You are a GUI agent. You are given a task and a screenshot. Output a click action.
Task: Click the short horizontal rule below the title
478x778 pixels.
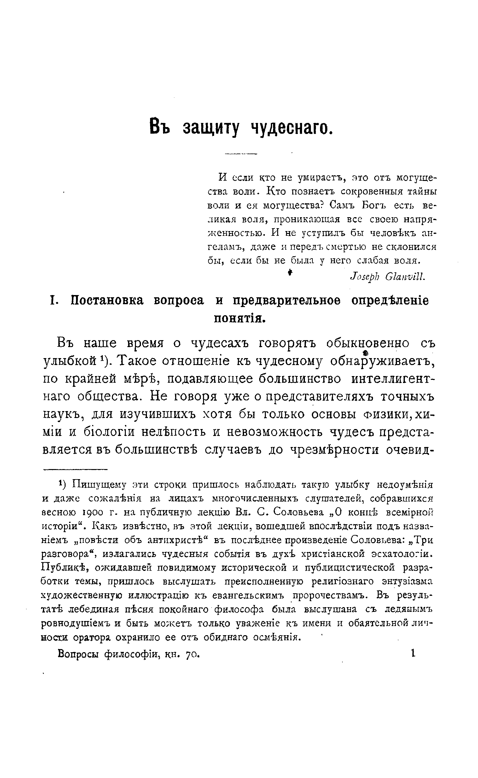241,154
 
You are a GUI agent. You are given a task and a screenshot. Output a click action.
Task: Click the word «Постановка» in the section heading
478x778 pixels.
107,300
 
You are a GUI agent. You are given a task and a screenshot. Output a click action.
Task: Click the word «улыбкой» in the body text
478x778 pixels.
70,361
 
